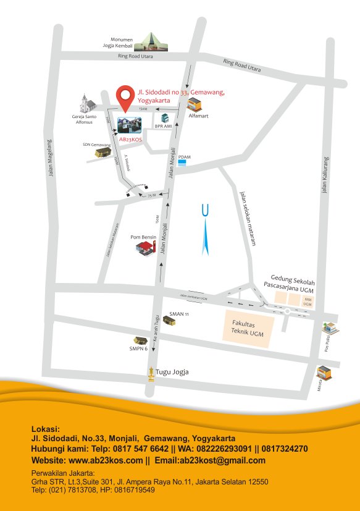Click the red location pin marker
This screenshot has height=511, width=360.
tap(127, 97)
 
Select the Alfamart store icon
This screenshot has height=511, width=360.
tap(196, 103)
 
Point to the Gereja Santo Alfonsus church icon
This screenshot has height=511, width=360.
tap(85, 103)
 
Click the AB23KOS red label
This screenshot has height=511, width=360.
tap(130, 140)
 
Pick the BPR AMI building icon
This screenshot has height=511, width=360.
tap(165, 117)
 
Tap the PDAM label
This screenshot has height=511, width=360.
tap(184, 157)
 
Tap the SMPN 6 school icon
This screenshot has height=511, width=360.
tap(138, 340)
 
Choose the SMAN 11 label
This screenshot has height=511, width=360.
tap(178, 314)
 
